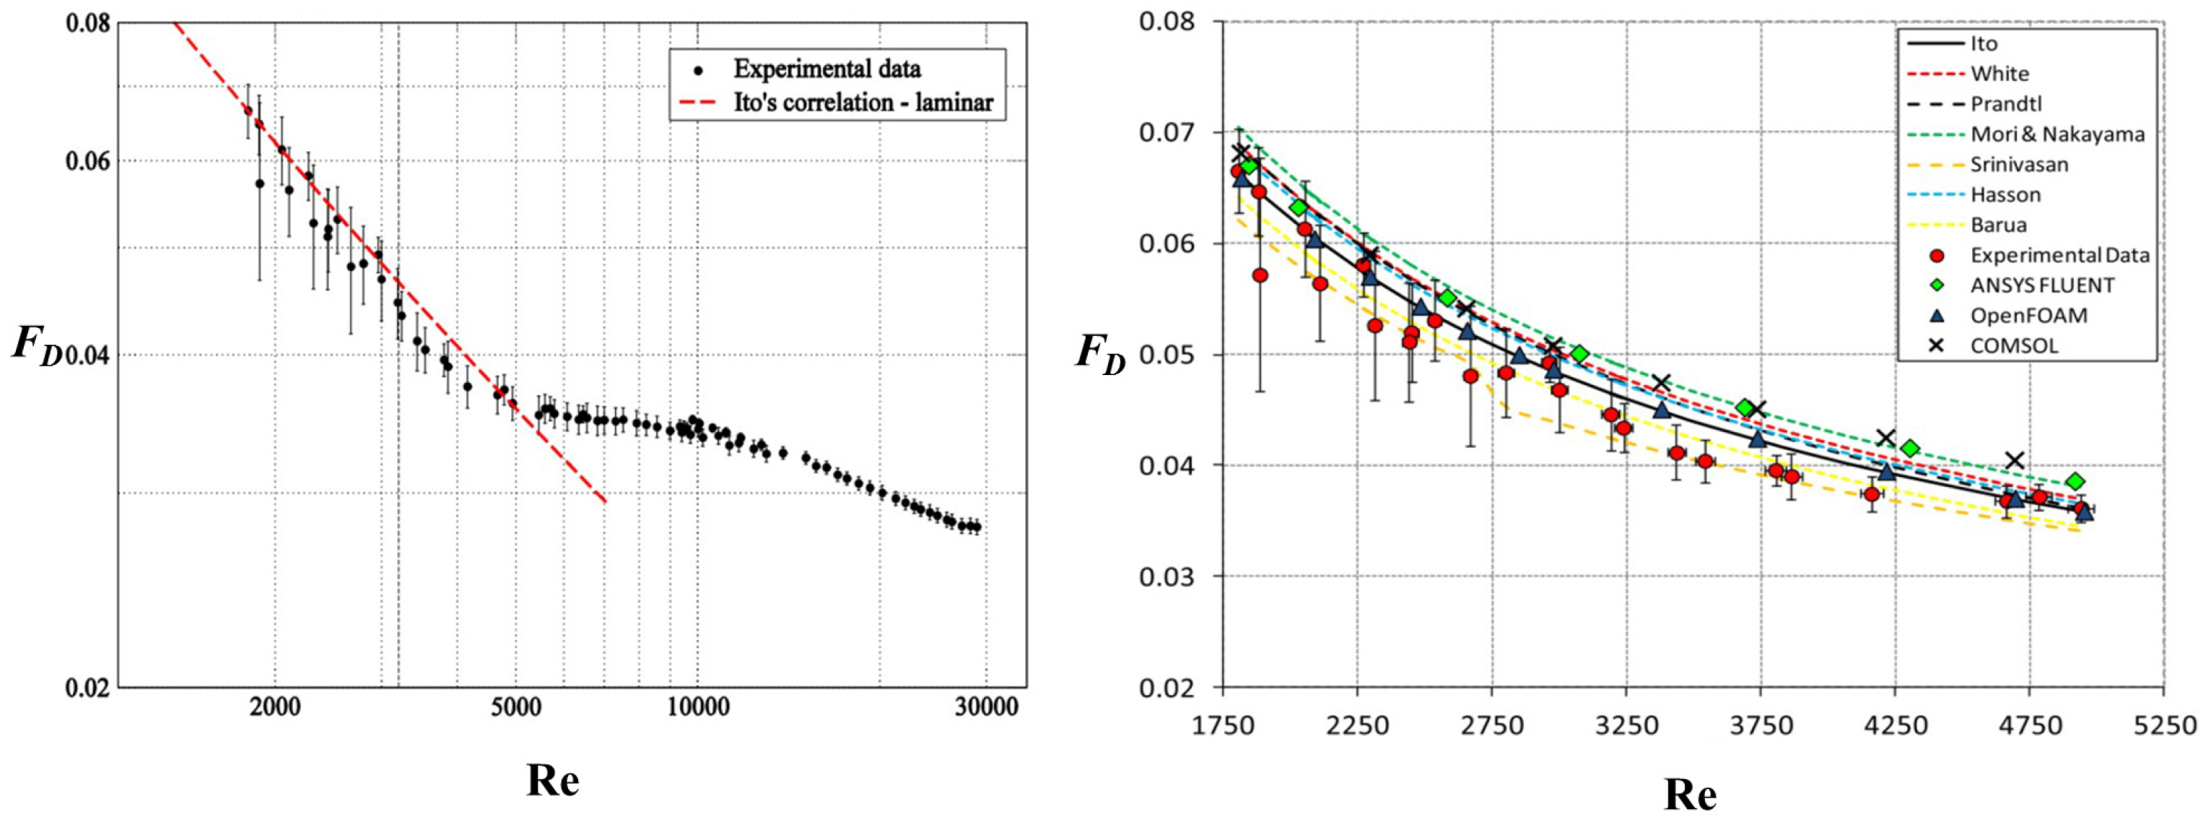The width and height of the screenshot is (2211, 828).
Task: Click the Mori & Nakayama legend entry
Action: (2057, 134)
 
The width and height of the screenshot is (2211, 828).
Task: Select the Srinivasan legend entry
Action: (2019, 164)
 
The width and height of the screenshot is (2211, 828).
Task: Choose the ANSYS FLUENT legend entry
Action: (2042, 285)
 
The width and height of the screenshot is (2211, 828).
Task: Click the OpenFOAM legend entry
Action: (2028, 315)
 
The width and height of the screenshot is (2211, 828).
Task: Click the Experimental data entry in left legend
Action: (827, 69)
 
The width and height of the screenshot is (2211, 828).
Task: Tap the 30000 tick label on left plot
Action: (985, 707)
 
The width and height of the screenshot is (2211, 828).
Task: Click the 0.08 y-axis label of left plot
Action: (88, 22)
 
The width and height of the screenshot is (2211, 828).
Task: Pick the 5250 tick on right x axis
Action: (2163, 726)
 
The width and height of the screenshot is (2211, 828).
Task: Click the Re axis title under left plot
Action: (553, 780)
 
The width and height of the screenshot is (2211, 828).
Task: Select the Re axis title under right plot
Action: (1690, 795)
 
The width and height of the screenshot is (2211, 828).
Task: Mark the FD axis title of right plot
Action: (1099, 353)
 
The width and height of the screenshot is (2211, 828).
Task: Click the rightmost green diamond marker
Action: (2075, 482)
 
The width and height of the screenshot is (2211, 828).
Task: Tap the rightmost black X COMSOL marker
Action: (2015, 460)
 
